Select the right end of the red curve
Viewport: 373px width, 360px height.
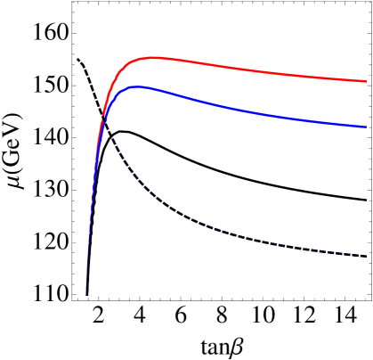pyautogui.click(x=365, y=81)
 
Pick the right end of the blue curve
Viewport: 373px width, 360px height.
pyautogui.click(x=365, y=127)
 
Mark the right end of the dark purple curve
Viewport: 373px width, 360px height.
pyautogui.click(x=367, y=257)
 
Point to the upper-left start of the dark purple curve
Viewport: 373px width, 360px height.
pyautogui.click(x=77, y=60)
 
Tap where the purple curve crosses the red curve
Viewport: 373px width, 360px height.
pyautogui.click(x=103, y=114)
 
